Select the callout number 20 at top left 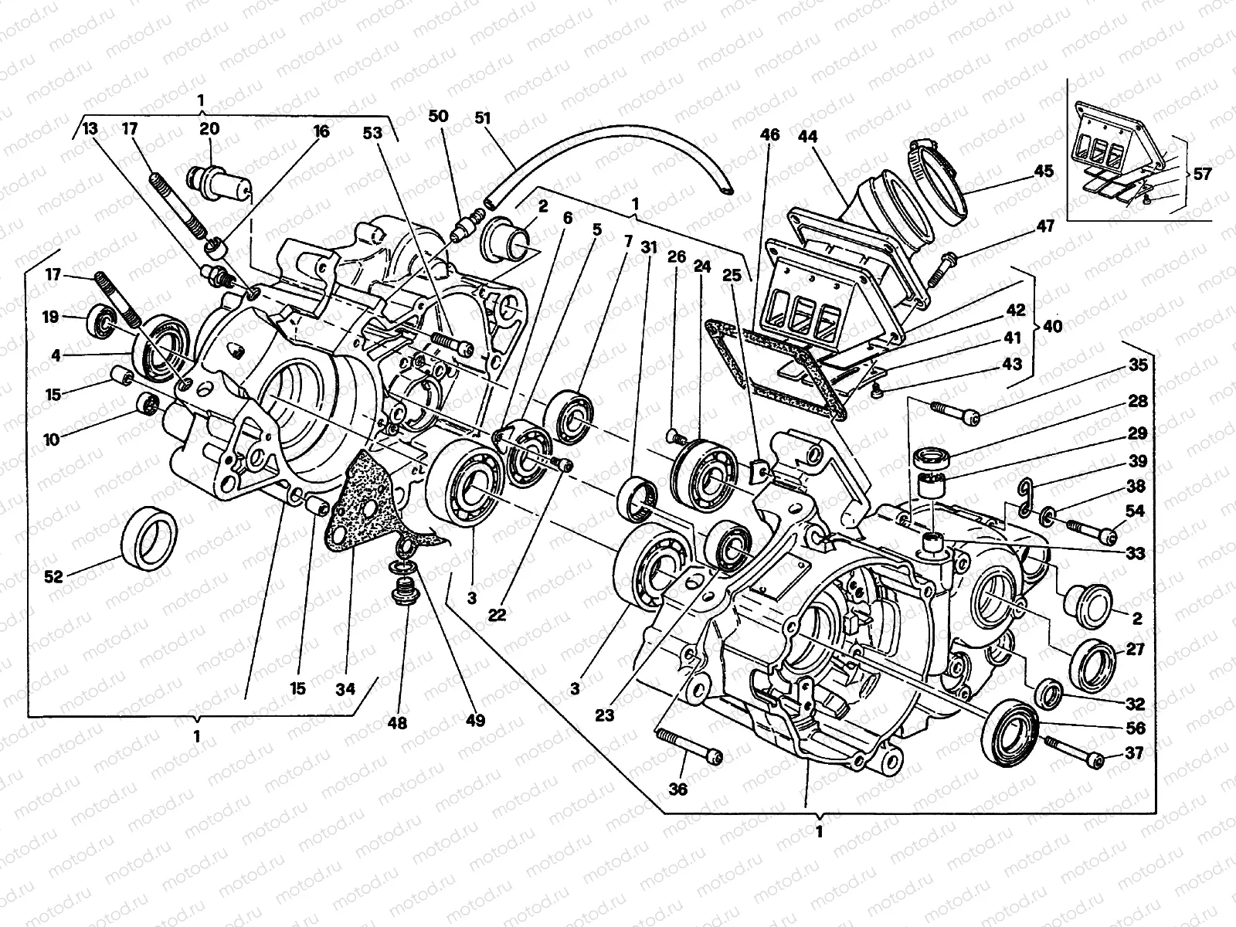209,129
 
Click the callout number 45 1044,171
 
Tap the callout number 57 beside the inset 1201,175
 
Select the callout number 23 604,715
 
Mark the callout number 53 372,133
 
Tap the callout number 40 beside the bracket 1051,326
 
